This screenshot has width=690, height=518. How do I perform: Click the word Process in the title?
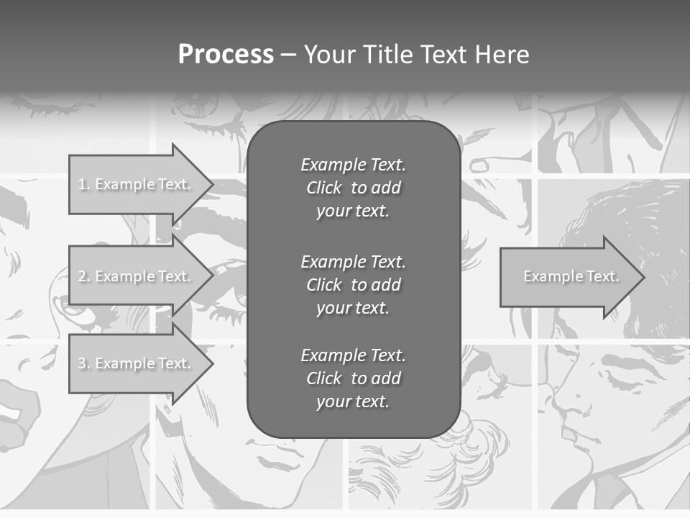point(226,55)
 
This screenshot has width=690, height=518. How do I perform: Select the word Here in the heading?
point(502,55)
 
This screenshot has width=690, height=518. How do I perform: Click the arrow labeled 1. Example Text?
point(137,184)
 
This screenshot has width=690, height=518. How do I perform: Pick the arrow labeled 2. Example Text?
point(137,276)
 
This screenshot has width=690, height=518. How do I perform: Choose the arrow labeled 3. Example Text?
point(137,363)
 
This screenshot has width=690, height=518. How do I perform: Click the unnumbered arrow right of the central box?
point(568,276)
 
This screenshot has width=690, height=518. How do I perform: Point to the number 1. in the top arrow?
point(84,185)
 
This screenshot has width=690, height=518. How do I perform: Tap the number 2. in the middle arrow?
point(84,276)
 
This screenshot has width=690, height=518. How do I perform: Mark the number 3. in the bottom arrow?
point(84,364)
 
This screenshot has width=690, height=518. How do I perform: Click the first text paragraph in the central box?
point(353,188)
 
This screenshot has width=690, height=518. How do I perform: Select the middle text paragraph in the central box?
point(353,285)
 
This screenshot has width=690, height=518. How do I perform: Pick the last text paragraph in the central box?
point(353,378)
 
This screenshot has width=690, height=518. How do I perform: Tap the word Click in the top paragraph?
point(324,188)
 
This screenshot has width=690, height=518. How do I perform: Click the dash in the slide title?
point(289,55)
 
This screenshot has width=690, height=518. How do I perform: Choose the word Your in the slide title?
point(331,55)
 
